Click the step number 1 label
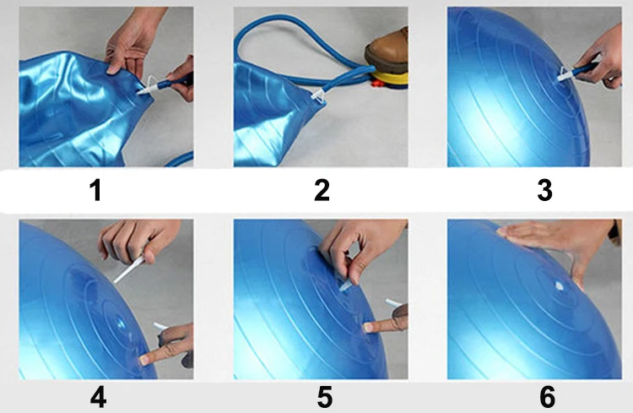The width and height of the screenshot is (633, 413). pos(95,190)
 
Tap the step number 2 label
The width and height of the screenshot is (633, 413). pos(322,190)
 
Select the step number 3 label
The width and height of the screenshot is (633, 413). pos(544,190)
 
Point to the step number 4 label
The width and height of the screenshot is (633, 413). pos(98,397)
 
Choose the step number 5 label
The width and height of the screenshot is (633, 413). pos(325,397)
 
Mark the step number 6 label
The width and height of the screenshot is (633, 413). pos(548,397)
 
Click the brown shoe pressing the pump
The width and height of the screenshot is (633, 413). pos(387,51)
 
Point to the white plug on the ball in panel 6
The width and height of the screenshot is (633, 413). pos(559,286)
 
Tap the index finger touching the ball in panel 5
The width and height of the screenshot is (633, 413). pos(381,326)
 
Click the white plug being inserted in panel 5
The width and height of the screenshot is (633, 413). pos(345,286)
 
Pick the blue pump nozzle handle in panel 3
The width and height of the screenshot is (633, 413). pos(586,68)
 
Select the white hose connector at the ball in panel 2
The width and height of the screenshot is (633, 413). pos(318,96)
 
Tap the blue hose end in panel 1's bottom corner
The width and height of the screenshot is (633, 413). pos(180,160)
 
